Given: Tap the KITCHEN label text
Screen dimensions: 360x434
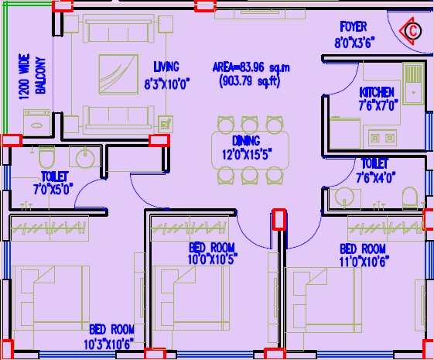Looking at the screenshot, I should tap(377, 93).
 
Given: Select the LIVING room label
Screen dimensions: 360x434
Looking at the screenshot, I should tap(166, 67).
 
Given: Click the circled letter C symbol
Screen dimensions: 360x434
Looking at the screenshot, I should tap(413, 31).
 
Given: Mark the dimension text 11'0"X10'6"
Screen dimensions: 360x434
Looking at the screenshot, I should tap(362, 261).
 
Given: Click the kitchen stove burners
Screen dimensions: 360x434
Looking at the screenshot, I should tap(381, 138).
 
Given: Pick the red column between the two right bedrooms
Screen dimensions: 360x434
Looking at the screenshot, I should tap(279, 218).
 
